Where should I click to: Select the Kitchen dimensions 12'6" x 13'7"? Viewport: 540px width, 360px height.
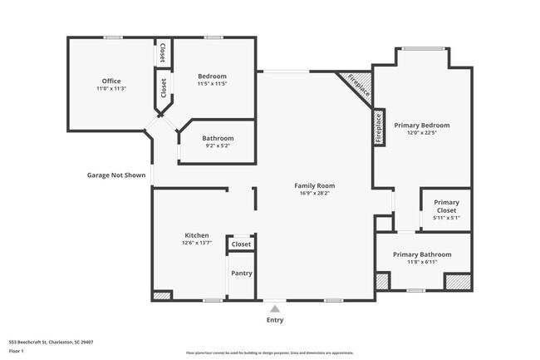click(197, 243)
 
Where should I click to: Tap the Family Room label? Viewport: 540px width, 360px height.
click(315, 185)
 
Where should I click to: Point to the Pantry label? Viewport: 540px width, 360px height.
click(242, 274)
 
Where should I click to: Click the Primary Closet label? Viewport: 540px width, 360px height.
click(446, 206)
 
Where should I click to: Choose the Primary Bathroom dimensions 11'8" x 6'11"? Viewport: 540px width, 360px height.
click(422, 262)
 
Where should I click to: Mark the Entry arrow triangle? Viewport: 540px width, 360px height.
click(275, 308)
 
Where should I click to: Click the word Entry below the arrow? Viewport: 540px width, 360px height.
click(275, 320)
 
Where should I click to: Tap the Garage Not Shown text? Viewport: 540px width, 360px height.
click(116, 175)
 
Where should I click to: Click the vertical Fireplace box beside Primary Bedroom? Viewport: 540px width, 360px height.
click(378, 128)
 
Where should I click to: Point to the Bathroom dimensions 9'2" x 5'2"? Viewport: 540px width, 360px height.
click(218, 145)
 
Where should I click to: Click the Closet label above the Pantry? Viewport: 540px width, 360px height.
click(241, 244)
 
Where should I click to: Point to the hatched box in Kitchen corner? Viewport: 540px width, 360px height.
click(162, 295)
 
